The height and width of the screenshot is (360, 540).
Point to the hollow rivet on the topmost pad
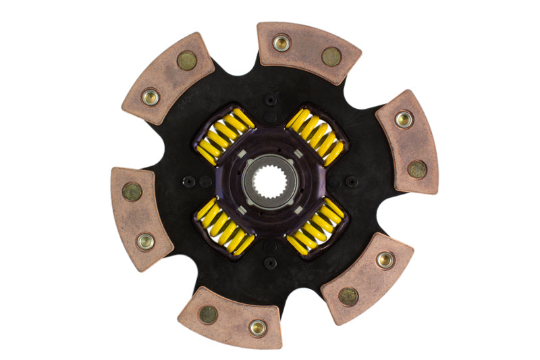click(280, 44)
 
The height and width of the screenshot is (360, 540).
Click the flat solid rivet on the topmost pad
click(331, 57)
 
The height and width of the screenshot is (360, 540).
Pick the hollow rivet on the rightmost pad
click(404, 120)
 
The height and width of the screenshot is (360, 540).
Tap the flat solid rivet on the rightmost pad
click(417, 168)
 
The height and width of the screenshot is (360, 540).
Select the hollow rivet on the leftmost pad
click(145, 240)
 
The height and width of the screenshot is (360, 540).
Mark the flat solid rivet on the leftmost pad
click(132, 192)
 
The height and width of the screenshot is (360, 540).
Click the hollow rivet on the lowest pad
click(257, 328)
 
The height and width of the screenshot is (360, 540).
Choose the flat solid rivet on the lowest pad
click(208, 314)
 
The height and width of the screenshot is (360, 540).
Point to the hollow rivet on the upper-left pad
click(150, 97)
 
